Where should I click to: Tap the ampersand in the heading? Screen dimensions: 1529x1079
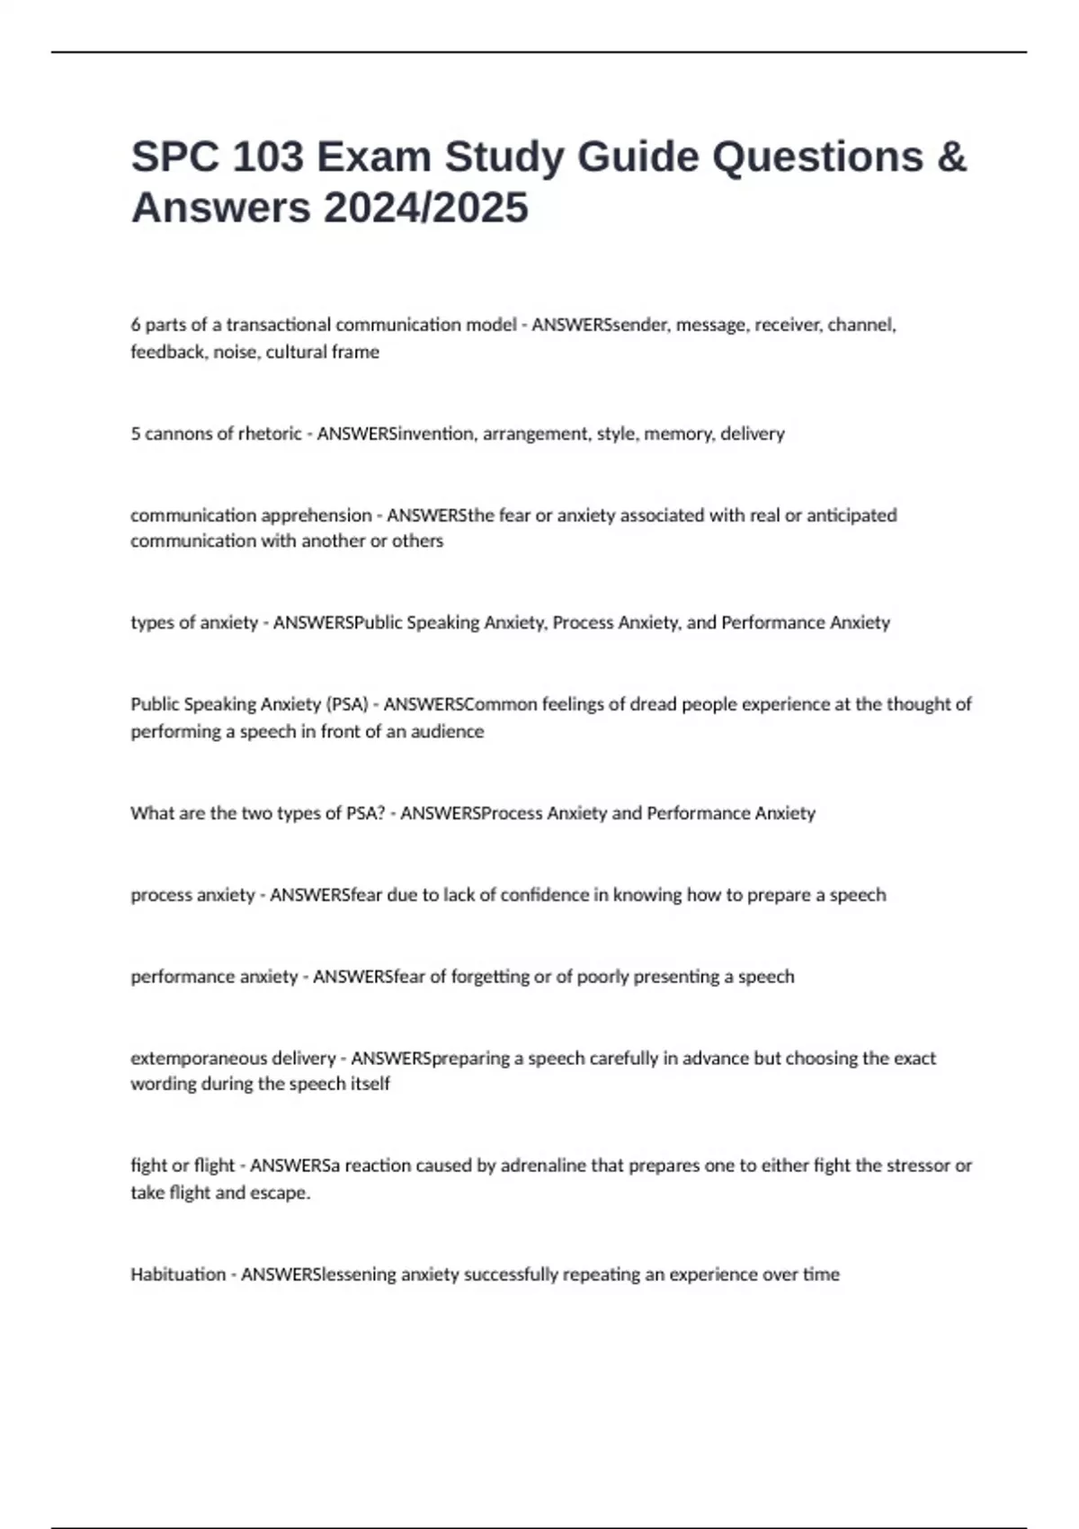coord(951,157)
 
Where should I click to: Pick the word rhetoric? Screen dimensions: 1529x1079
coord(270,434)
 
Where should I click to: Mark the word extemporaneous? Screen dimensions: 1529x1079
coord(199,1059)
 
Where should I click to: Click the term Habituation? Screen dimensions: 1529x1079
coord(178,1274)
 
